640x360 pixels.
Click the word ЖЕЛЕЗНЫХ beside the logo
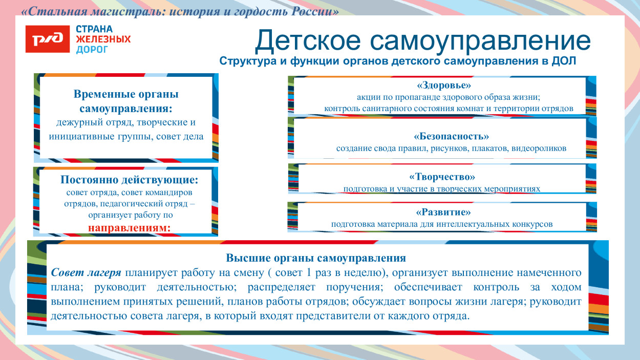[103, 39]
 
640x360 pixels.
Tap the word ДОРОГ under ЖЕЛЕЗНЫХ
[92, 49]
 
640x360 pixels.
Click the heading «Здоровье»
[443, 85]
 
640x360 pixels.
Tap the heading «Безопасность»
[451, 136]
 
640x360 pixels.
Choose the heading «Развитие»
[443, 212]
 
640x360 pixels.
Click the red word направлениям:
[129, 227]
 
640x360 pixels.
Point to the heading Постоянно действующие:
[129, 180]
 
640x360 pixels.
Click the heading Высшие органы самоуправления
[316, 258]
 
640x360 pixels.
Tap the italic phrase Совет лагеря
[87, 272]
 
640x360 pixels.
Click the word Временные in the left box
[105, 95]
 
